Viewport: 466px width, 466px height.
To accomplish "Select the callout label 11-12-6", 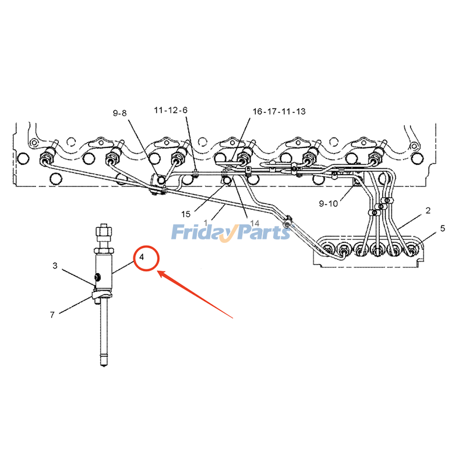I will pos(171,110).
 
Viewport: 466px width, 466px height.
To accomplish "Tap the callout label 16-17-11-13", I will pos(279,111).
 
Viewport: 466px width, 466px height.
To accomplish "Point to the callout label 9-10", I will pos(328,203).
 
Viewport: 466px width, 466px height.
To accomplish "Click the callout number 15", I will pos(186,214).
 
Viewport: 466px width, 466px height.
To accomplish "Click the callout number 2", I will pos(427,210).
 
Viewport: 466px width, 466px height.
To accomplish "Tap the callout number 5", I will pos(442,228).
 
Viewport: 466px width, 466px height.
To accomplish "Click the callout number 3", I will pos(55,266).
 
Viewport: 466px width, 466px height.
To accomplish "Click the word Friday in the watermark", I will pos(201,233).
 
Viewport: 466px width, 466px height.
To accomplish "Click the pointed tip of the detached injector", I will pos(104,365).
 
